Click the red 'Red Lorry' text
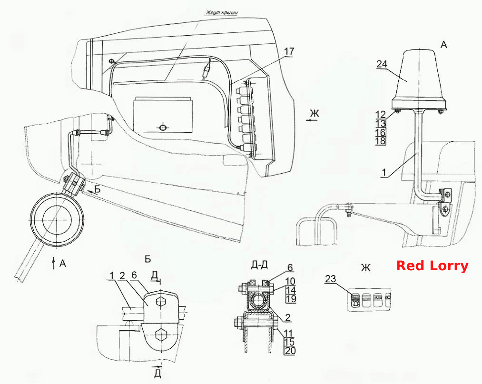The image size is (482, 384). pyautogui.click(x=432, y=266)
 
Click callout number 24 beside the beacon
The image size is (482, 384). pyautogui.click(x=382, y=64)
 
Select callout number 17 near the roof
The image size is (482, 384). pyautogui.click(x=289, y=51)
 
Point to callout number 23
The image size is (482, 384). pyautogui.click(x=330, y=279)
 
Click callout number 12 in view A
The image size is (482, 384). pyautogui.click(x=381, y=114)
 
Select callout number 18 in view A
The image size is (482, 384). pyautogui.click(x=381, y=141)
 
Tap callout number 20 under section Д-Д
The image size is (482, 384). pyautogui.click(x=290, y=351)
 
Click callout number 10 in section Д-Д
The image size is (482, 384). pyautogui.click(x=290, y=281)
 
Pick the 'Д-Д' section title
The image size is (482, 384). pyautogui.click(x=259, y=265)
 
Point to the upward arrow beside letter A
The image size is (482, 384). pyautogui.click(x=54, y=264)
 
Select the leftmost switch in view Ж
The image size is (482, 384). pyautogui.click(x=355, y=300)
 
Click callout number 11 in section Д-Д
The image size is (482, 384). pyautogui.click(x=289, y=333)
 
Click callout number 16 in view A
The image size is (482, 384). pyautogui.click(x=381, y=132)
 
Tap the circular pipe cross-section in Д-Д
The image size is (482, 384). pyautogui.click(x=258, y=300)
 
